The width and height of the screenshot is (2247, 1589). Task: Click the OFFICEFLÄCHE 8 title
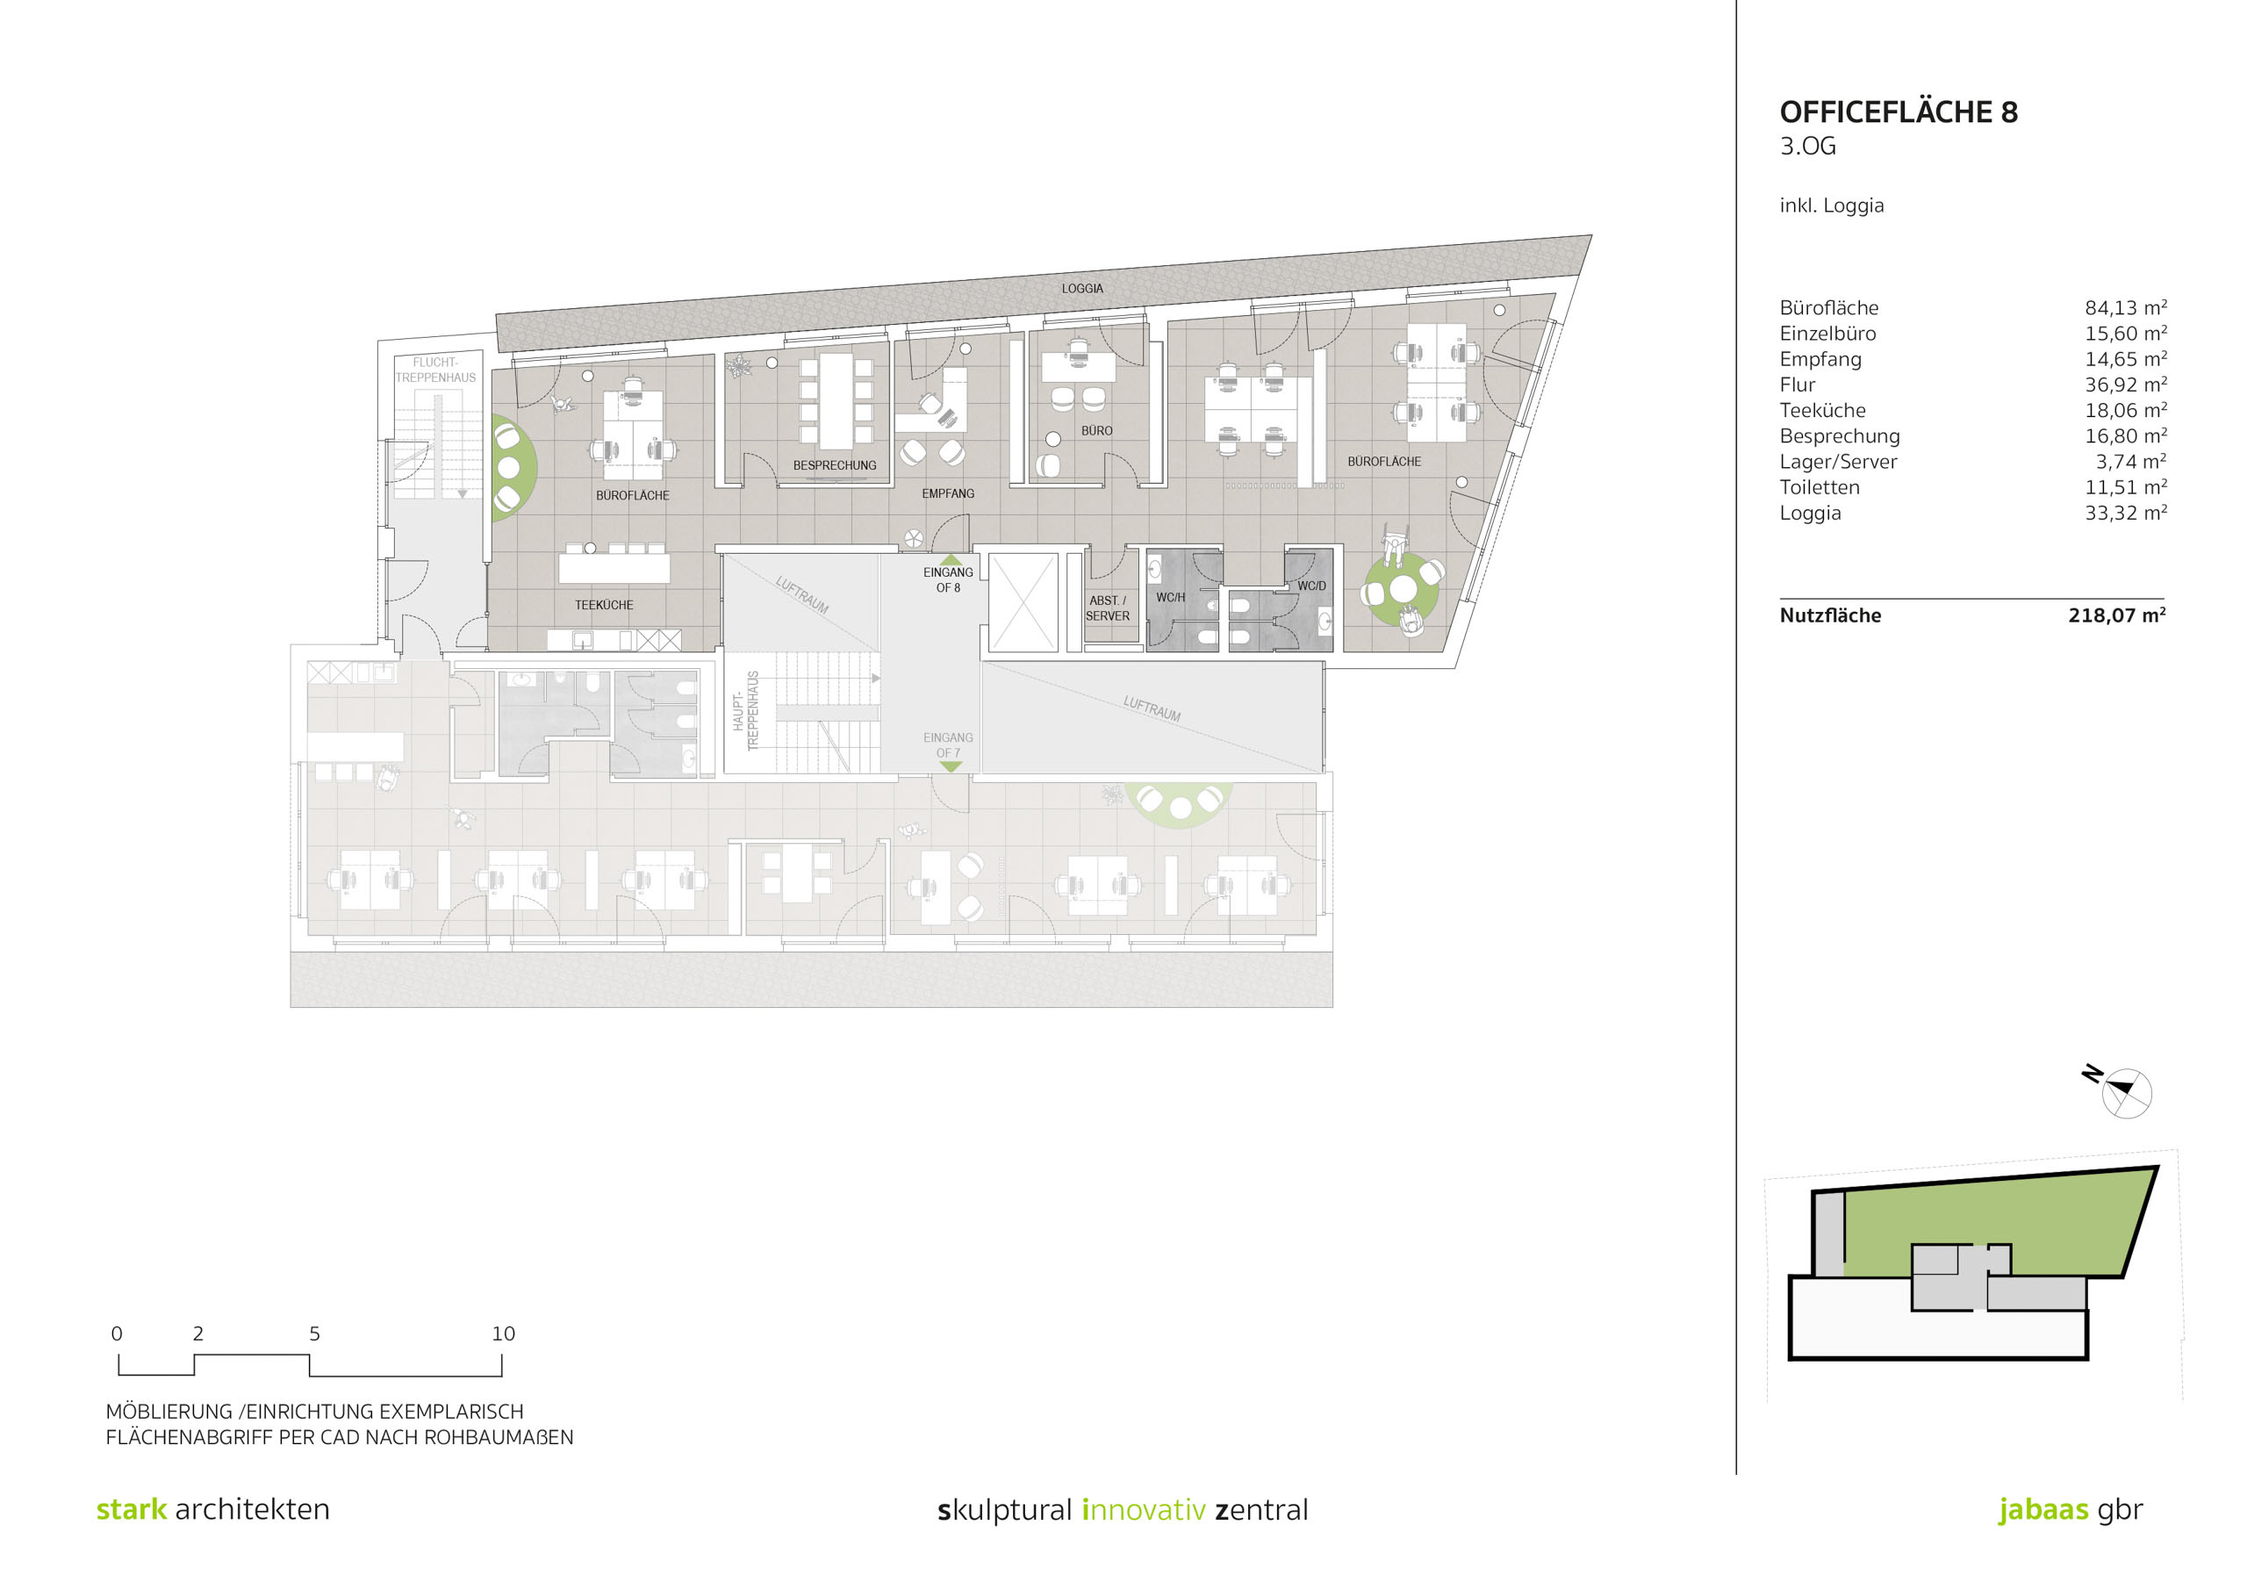(x=1898, y=111)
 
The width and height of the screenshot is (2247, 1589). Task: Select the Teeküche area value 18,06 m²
(x=2125, y=410)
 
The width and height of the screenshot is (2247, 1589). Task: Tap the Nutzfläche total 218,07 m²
(x=2116, y=615)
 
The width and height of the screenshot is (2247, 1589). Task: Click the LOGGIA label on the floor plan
(x=1082, y=289)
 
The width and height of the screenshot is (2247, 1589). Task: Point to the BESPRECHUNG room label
(x=835, y=465)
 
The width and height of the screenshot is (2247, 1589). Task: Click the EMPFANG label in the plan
(x=947, y=493)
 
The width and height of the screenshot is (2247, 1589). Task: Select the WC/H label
(x=1171, y=597)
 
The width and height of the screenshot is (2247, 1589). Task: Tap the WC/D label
(x=1311, y=586)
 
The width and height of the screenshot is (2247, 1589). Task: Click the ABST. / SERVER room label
(x=1108, y=608)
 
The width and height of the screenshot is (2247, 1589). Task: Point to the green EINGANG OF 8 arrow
(x=951, y=559)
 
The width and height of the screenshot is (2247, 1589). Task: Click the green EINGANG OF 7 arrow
(x=951, y=766)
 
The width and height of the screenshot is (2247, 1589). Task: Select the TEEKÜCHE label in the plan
(x=604, y=605)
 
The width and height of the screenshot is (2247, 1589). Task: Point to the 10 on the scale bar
(x=503, y=1334)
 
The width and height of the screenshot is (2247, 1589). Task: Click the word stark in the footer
(x=131, y=1510)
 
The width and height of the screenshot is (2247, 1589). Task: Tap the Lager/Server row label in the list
(x=1838, y=462)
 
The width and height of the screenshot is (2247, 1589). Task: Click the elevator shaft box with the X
(x=1023, y=602)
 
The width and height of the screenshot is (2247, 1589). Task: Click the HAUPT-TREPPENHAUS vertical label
(x=746, y=711)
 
